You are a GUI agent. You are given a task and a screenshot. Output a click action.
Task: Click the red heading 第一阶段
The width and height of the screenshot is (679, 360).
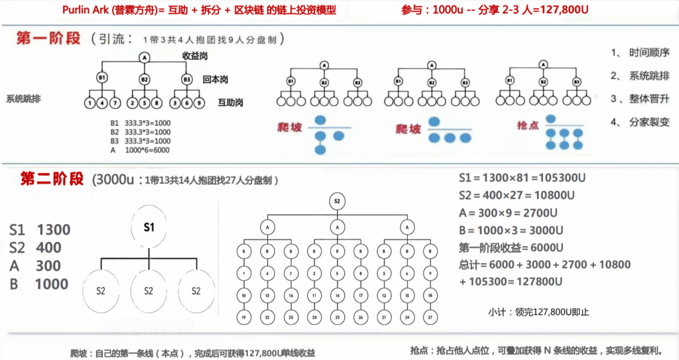click(48, 38)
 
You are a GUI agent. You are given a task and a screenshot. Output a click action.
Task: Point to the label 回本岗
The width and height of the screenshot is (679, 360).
click(216, 80)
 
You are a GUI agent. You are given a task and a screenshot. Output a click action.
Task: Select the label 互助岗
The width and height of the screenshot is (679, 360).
click(230, 103)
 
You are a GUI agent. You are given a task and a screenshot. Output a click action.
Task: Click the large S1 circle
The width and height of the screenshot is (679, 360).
click(149, 227)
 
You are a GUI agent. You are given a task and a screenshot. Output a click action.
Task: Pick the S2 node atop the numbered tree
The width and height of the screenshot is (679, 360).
click(337, 200)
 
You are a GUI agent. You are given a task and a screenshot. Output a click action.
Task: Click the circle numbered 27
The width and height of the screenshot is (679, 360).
click(430, 318)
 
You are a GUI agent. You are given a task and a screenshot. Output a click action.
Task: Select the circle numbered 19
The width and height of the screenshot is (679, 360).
click(244, 318)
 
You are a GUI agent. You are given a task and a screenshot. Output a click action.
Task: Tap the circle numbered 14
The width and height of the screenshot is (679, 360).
click(337, 295)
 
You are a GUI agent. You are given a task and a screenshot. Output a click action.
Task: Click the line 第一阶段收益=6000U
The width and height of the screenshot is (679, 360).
click(511, 247)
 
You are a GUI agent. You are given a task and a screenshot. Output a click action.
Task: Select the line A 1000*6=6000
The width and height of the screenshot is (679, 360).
click(140, 150)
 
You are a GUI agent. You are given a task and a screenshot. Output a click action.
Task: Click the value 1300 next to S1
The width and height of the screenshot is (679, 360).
click(54, 230)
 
